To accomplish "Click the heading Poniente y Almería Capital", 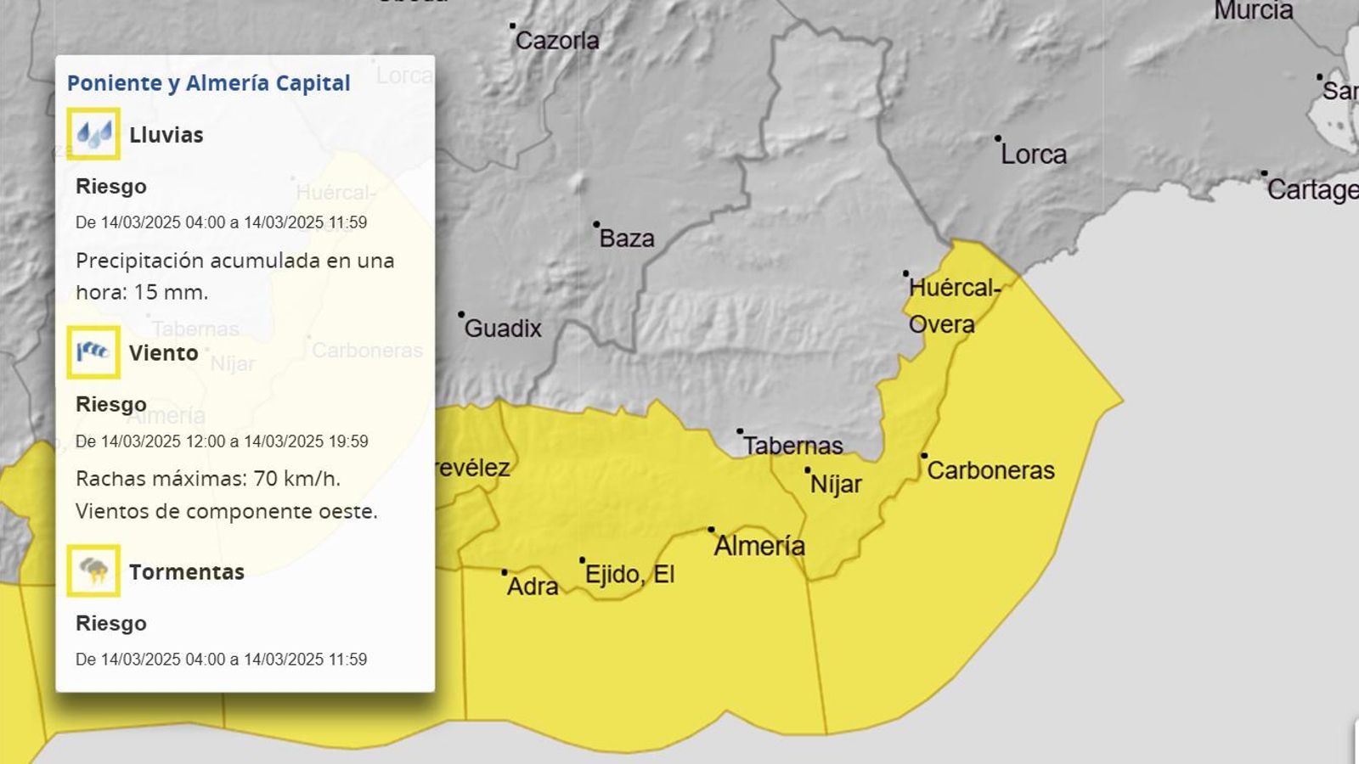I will tap(208, 83).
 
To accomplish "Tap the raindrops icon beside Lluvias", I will tap(93, 133).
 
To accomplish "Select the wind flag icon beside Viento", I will tap(93, 351).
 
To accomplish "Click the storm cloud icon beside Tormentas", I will tap(93, 570).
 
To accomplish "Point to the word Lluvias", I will tap(166, 135).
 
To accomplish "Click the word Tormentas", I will tap(186, 572).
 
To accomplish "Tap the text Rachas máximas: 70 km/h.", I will tap(208, 479).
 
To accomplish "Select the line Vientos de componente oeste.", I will tap(226, 511).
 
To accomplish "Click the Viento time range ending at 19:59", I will tap(222, 441).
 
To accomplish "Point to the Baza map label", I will tap(626, 239).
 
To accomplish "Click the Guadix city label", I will tap(502, 329).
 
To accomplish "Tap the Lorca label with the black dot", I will tap(1033, 154).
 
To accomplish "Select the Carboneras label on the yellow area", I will tap(990, 470).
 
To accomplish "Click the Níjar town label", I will tap(835, 484).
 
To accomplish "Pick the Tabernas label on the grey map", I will tap(792, 446).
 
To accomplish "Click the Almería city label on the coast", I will tap(758, 546).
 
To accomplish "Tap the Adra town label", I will tap(533, 586).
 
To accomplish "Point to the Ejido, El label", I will tap(629, 575).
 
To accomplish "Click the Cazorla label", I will tap(557, 41).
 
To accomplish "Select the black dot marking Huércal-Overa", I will tap(905, 274).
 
